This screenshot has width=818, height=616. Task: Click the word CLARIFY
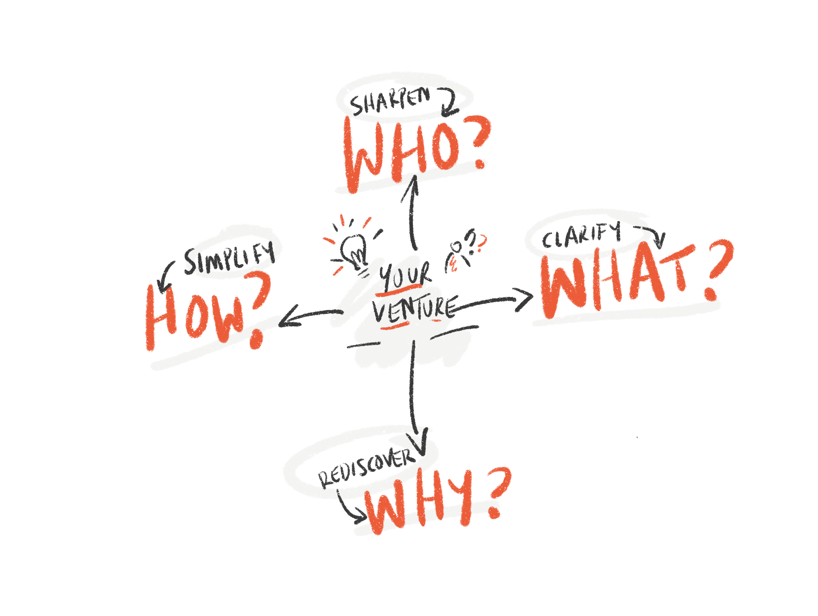(581, 236)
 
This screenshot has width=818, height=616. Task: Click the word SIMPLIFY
(229, 258)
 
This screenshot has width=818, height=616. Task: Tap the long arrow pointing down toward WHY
(413, 395)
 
